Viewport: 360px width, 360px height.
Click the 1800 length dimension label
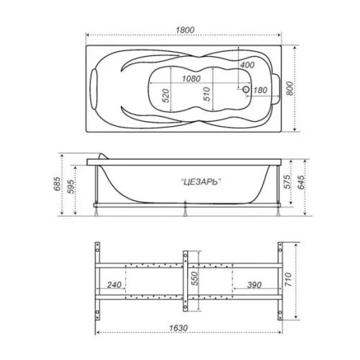[x=185, y=30]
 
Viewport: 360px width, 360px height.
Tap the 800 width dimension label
[x=289, y=89]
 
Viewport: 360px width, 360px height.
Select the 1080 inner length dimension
[x=191, y=78]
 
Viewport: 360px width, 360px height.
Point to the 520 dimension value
[x=166, y=96]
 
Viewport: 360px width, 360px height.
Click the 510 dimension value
[x=207, y=94]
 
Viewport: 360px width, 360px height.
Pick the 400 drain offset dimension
[x=247, y=65]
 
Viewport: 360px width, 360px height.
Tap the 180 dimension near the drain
[x=260, y=90]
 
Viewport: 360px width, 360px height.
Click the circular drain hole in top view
[x=246, y=89]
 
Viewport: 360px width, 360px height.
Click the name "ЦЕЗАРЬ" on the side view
[x=201, y=182]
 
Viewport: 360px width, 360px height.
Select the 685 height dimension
[x=57, y=184]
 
